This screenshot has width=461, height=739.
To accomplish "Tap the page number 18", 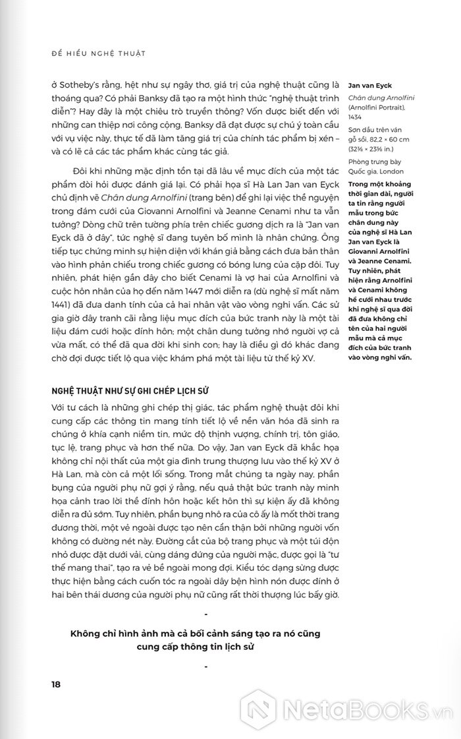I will coord(56,684).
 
